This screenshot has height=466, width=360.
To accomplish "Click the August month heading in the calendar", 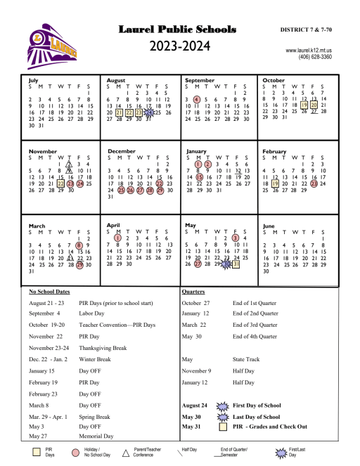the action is click(x=115, y=81).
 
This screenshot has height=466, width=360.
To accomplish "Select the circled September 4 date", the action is click(x=197, y=99).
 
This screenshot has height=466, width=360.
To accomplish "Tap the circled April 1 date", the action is click(x=118, y=239).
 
